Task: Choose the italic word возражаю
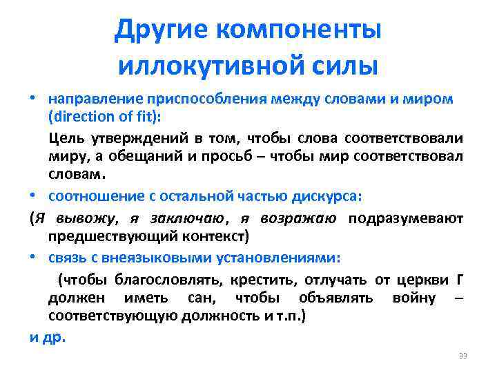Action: click(299, 220)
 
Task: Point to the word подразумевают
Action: click(406, 220)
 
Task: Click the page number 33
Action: click(463, 356)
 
